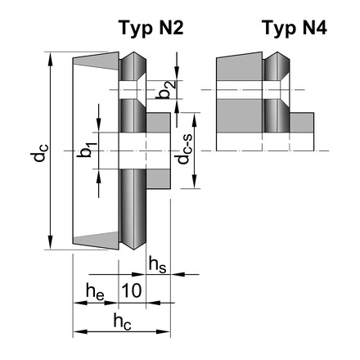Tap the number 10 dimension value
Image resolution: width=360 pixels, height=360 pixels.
[x=133, y=290]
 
